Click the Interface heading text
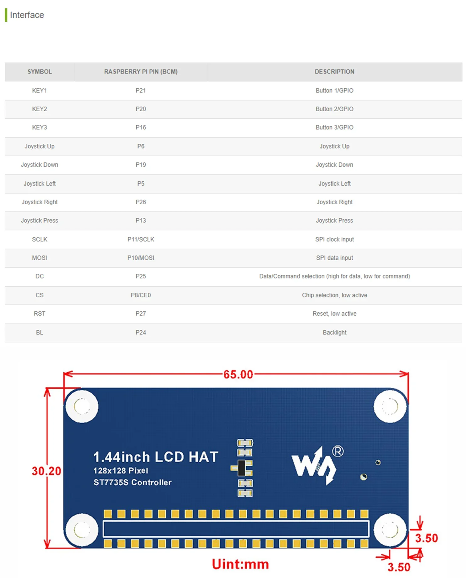coord(27,15)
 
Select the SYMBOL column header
coord(40,72)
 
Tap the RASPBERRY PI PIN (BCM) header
coord(141,72)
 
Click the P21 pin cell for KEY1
coord(141,91)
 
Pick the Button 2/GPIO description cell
coord(334,109)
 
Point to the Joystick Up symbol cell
coord(40,146)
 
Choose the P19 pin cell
coord(141,165)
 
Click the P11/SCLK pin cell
coord(141,239)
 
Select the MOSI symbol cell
coord(40,258)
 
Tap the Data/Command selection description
coord(334,276)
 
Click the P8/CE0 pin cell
coord(141,295)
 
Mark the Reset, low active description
coord(334,314)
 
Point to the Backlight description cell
coord(334,333)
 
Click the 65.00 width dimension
coord(238,374)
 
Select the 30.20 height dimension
coord(46,471)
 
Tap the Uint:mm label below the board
coord(240,564)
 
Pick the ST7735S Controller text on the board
coord(133,482)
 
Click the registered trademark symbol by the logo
coord(338,451)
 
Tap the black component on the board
coord(241,468)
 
